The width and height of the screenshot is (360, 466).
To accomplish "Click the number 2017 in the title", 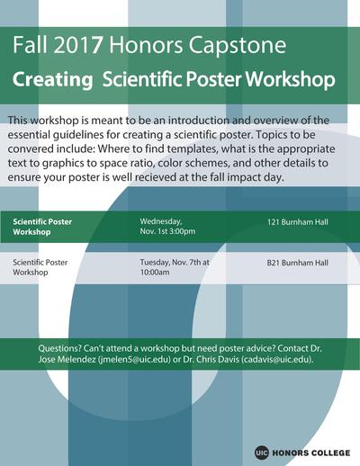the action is point(78,45).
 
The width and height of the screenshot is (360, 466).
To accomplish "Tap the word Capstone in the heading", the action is point(237,46).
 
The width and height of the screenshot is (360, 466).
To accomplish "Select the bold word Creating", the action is point(53,80).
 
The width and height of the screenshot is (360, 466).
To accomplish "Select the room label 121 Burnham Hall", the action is point(298,222).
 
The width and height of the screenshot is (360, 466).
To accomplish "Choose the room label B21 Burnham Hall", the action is point(298,263).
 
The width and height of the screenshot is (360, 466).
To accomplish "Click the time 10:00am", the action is point(155,273).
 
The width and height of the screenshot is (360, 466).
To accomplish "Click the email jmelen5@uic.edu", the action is point(135,359).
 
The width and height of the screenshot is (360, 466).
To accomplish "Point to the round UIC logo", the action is point(261,453).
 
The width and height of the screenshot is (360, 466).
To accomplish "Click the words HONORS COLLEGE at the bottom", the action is point(310,453).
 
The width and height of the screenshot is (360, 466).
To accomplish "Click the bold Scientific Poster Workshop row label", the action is point(42,227).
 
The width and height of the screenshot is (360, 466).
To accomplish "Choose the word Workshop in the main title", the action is point(290,80).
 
